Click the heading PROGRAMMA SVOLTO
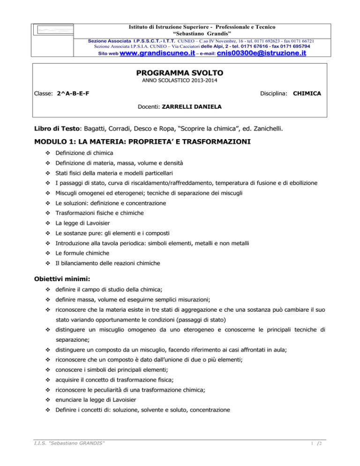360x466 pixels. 180,74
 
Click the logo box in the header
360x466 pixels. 55,30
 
